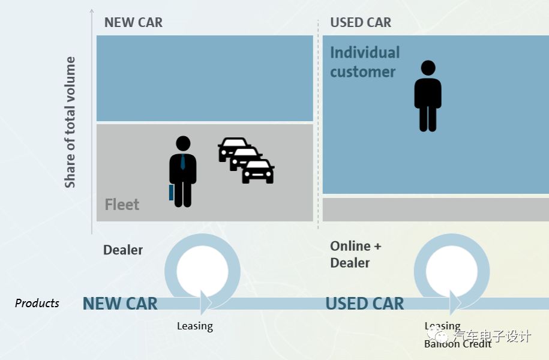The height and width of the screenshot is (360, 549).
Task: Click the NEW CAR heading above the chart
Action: pyautogui.click(x=133, y=23)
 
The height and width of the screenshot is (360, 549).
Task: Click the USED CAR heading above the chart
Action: pyautogui.click(x=361, y=23)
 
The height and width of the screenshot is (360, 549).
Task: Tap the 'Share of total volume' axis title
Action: pyautogui.click(x=71, y=122)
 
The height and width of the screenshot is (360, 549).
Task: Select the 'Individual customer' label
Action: pyautogui.click(x=364, y=62)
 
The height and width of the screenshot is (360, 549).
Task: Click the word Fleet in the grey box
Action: pyautogui.click(x=122, y=205)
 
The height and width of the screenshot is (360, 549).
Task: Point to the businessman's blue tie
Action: pyautogui.click(x=183, y=164)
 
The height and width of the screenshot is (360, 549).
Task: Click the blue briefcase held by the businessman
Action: pyautogui.click(x=171, y=193)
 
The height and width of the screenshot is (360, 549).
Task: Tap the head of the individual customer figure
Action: pyautogui.click(x=428, y=68)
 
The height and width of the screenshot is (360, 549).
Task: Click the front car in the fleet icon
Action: pyautogui.click(x=258, y=172)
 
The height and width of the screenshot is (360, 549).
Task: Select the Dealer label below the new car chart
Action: pyautogui.click(x=123, y=250)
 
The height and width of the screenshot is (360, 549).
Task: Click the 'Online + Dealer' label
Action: pyautogui.click(x=355, y=254)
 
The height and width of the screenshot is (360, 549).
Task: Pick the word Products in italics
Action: pyautogui.click(x=37, y=303)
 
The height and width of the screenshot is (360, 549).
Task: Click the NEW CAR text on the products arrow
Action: pyautogui.click(x=120, y=304)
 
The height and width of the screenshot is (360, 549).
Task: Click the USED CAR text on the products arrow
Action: pyautogui.click(x=365, y=304)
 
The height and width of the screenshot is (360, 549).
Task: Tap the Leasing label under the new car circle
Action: pyautogui.click(x=194, y=326)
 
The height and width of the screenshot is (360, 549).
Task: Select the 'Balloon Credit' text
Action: pyautogui.click(x=457, y=344)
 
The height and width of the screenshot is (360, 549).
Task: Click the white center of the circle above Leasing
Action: pyautogui.click(x=202, y=270)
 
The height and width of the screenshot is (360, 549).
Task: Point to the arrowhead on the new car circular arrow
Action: pyautogui.click(x=206, y=302)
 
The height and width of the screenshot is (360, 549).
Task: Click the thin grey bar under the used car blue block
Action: pyautogui.click(x=436, y=209)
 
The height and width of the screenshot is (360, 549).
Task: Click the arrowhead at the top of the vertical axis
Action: pyautogui.click(x=92, y=11)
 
